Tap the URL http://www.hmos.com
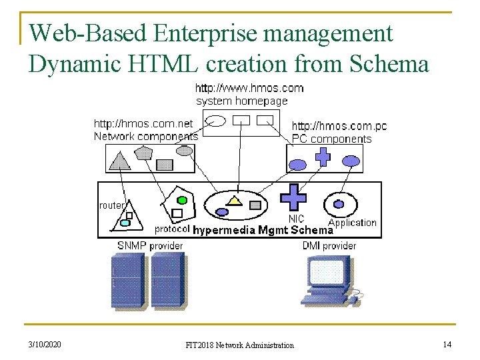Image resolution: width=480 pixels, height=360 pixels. click(x=249, y=87)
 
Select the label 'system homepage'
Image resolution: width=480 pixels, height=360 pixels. click(x=241, y=101)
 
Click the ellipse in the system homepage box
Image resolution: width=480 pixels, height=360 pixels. click(x=217, y=121)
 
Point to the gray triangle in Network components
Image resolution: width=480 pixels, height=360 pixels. click(x=121, y=161)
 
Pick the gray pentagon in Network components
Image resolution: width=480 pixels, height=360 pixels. click(x=143, y=153)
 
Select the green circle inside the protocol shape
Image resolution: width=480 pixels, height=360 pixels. click(x=181, y=199)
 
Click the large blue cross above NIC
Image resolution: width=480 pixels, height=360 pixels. click(x=293, y=198)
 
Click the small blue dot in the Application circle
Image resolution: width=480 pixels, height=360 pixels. click(x=339, y=204)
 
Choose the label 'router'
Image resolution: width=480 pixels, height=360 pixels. click(x=111, y=205)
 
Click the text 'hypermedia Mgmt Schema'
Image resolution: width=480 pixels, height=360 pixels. click(x=263, y=230)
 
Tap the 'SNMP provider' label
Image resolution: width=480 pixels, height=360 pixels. click(x=150, y=246)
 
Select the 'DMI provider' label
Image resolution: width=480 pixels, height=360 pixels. click(x=329, y=246)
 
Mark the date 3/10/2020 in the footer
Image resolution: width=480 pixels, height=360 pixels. click(x=45, y=344)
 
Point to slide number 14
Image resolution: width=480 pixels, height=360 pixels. click(x=447, y=344)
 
